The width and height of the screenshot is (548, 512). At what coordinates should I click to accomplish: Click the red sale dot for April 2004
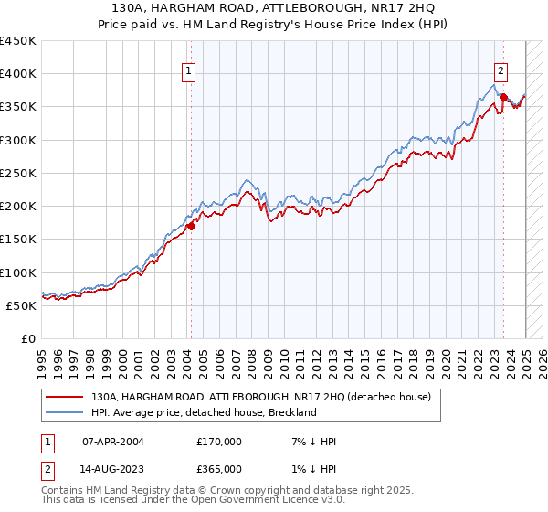[191, 226]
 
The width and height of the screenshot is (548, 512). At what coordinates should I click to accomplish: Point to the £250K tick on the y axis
[18, 173]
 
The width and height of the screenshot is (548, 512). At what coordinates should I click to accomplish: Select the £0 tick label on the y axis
[28, 338]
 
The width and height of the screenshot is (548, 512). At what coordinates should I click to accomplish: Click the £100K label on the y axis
[18, 272]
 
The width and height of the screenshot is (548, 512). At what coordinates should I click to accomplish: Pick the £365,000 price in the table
[218, 469]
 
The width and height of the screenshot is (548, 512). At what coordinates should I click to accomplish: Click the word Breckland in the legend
[291, 412]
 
